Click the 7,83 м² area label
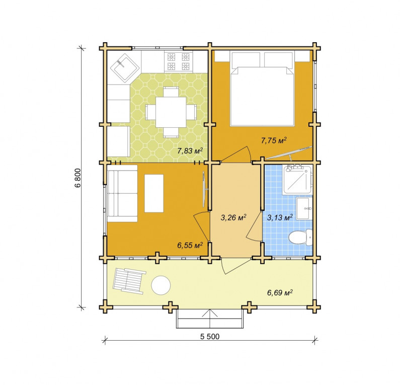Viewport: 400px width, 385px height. pyautogui.click(x=190, y=151)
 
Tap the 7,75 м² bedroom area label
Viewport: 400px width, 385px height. pyautogui.click(x=274, y=140)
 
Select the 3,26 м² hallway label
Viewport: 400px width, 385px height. pyautogui.click(x=233, y=217)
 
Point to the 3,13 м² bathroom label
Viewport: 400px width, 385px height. pyautogui.click(x=280, y=217)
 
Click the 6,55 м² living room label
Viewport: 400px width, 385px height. pyautogui.click(x=190, y=246)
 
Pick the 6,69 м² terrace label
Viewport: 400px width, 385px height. pyautogui.click(x=280, y=292)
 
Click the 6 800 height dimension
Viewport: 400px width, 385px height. pyautogui.click(x=78, y=178)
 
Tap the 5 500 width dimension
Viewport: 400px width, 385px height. pyautogui.click(x=210, y=337)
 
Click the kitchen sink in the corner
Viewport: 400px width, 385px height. pyautogui.click(x=125, y=67)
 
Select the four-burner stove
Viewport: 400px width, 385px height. pyautogui.click(x=178, y=61)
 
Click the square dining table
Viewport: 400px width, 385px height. pyautogui.click(x=171, y=112)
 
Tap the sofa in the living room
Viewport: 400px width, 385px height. pyautogui.click(x=122, y=193)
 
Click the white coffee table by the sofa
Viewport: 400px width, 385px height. pyautogui.click(x=154, y=193)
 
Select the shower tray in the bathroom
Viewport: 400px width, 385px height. pyautogui.click(x=298, y=179)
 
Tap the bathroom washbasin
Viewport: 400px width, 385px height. pyautogui.click(x=304, y=208)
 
